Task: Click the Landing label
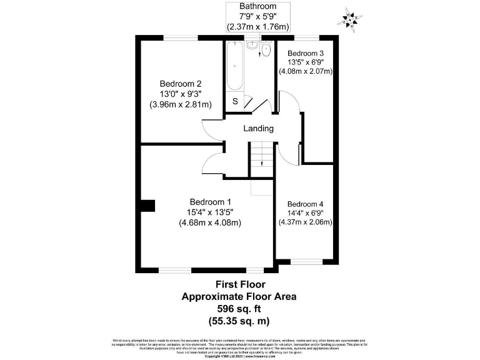[x=258, y=129]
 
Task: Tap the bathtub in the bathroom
[x=235, y=66]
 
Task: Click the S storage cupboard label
[x=235, y=101]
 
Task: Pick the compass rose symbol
[x=349, y=19]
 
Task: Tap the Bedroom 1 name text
[x=211, y=201]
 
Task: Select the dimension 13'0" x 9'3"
[x=179, y=94]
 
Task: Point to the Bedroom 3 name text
[x=306, y=53]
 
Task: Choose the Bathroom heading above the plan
[x=258, y=6]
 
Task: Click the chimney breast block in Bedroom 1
[x=147, y=206]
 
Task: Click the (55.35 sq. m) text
[x=238, y=321]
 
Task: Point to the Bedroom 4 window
[x=309, y=261]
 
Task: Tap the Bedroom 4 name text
[x=306, y=204]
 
